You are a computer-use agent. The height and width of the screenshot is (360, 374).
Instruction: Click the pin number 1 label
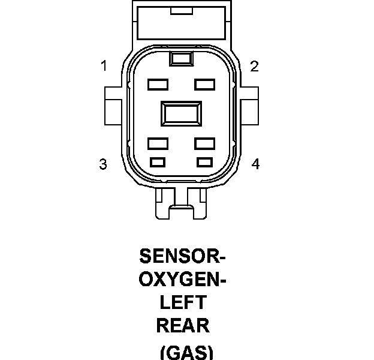click(x=104, y=67)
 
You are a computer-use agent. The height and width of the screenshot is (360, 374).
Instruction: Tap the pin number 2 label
click(x=254, y=67)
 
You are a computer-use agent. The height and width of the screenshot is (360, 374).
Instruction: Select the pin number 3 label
click(x=103, y=164)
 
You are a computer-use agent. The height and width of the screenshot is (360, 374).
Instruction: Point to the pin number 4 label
click(x=255, y=164)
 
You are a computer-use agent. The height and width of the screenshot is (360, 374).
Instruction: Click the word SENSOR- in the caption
click(x=182, y=256)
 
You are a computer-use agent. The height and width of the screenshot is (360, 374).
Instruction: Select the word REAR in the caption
click(x=183, y=325)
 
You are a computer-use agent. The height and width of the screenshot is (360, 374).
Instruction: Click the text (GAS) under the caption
click(x=186, y=352)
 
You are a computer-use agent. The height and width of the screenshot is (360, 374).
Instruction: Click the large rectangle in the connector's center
click(x=181, y=113)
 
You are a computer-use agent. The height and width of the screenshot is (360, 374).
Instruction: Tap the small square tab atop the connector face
click(x=180, y=58)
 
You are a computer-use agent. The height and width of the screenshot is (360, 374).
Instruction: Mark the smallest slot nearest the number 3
click(x=158, y=161)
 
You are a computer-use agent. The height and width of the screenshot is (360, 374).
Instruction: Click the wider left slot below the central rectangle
click(x=157, y=143)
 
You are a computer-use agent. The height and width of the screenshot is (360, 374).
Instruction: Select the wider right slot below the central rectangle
click(x=204, y=143)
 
